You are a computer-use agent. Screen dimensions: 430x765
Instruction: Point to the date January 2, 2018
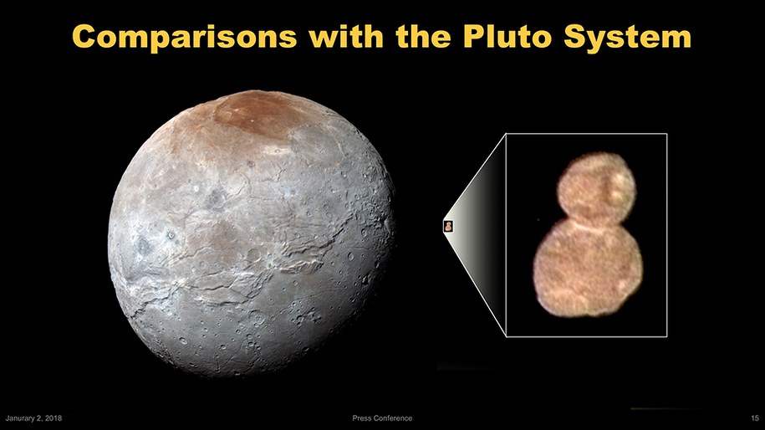(34, 417)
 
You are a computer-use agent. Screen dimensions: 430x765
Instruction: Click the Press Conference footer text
(383, 417)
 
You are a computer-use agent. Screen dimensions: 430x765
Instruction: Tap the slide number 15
(754, 417)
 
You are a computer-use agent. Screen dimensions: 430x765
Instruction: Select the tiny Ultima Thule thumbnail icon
(449, 224)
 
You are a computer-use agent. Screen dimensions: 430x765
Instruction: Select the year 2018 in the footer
(53, 417)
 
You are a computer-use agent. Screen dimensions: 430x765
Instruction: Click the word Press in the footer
(362, 417)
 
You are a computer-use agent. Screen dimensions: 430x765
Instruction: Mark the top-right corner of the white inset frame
(666, 134)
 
